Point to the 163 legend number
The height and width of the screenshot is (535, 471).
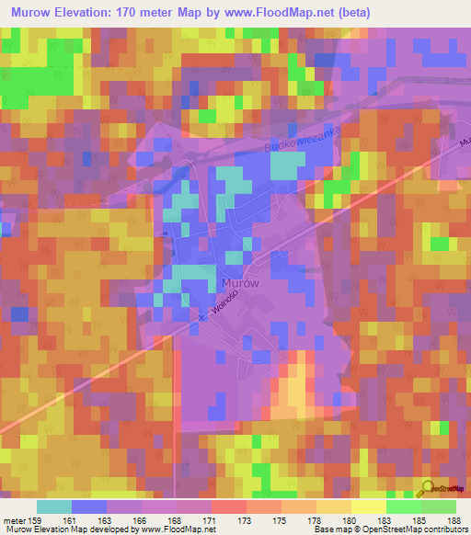pos(107,520)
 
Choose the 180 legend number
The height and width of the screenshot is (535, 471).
pos(350,520)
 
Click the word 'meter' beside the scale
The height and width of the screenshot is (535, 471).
pos(14,520)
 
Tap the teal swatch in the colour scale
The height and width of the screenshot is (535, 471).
pos(54,507)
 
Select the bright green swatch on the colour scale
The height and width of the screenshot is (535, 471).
pos(403,507)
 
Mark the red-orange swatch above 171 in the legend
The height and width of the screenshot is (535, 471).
pos(228,507)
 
